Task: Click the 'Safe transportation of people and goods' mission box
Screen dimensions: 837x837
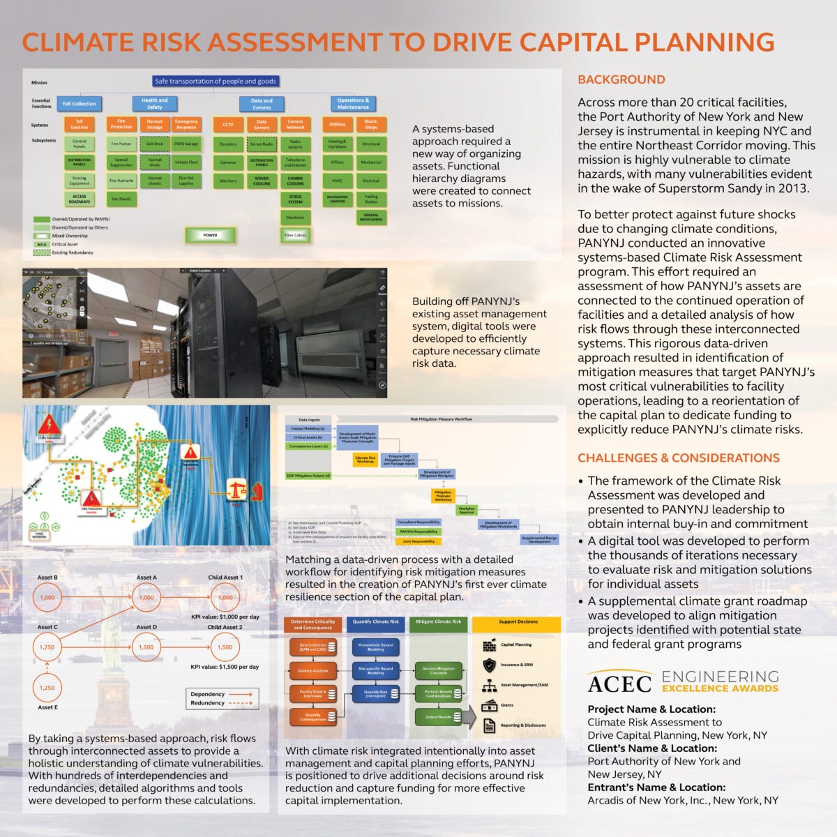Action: click(x=216, y=81)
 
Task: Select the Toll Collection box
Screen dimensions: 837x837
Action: click(x=79, y=104)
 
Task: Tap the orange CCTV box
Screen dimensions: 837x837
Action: click(x=227, y=125)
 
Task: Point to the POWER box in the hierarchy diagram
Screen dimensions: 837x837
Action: click(x=210, y=235)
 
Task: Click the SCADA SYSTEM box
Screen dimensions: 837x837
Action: click(x=295, y=199)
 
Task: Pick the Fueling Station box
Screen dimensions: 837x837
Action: click(x=371, y=199)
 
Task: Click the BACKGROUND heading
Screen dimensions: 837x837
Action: click(x=621, y=80)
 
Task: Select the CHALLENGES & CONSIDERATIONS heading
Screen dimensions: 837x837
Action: click(x=678, y=458)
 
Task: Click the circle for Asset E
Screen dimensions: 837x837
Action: click(x=47, y=688)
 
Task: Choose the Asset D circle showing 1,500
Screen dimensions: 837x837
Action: click(x=146, y=647)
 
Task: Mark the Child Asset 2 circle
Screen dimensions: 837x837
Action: click(x=225, y=647)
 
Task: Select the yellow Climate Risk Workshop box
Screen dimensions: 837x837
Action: click(x=365, y=460)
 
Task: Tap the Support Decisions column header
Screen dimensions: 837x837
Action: click(x=518, y=622)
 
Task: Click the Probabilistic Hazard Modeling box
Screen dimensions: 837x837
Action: click(x=375, y=647)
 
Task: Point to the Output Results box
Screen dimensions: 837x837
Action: click(x=438, y=716)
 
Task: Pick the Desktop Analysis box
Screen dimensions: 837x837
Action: click(x=312, y=671)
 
